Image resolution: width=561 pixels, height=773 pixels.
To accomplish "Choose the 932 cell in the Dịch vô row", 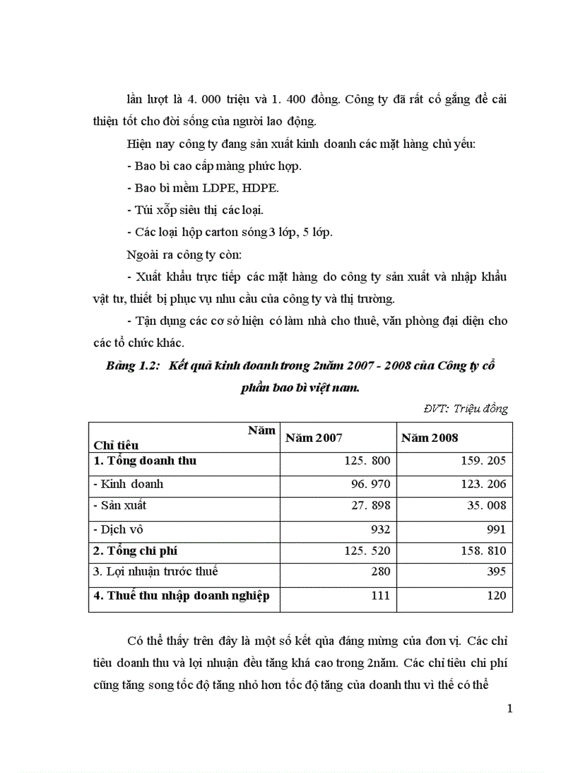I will (x=379, y=529).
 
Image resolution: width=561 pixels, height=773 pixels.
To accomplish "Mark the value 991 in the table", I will (x=494, y=529).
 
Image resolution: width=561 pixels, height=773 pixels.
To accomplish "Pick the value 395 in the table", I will (x=494, y=571).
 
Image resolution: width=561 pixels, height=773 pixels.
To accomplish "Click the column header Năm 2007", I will (x=313, y=438).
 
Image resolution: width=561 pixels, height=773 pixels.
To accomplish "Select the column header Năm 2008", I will (x=430, y=438).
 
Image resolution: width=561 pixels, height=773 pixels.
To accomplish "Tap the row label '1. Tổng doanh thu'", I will (x=144, y=460).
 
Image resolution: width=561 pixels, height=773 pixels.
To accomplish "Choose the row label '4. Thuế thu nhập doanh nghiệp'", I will (x=181, y=595).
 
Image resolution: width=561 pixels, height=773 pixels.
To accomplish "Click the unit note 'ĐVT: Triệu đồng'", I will (x=465, y=408).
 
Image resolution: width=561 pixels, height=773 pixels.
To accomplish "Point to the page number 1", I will (x=509, y=709).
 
